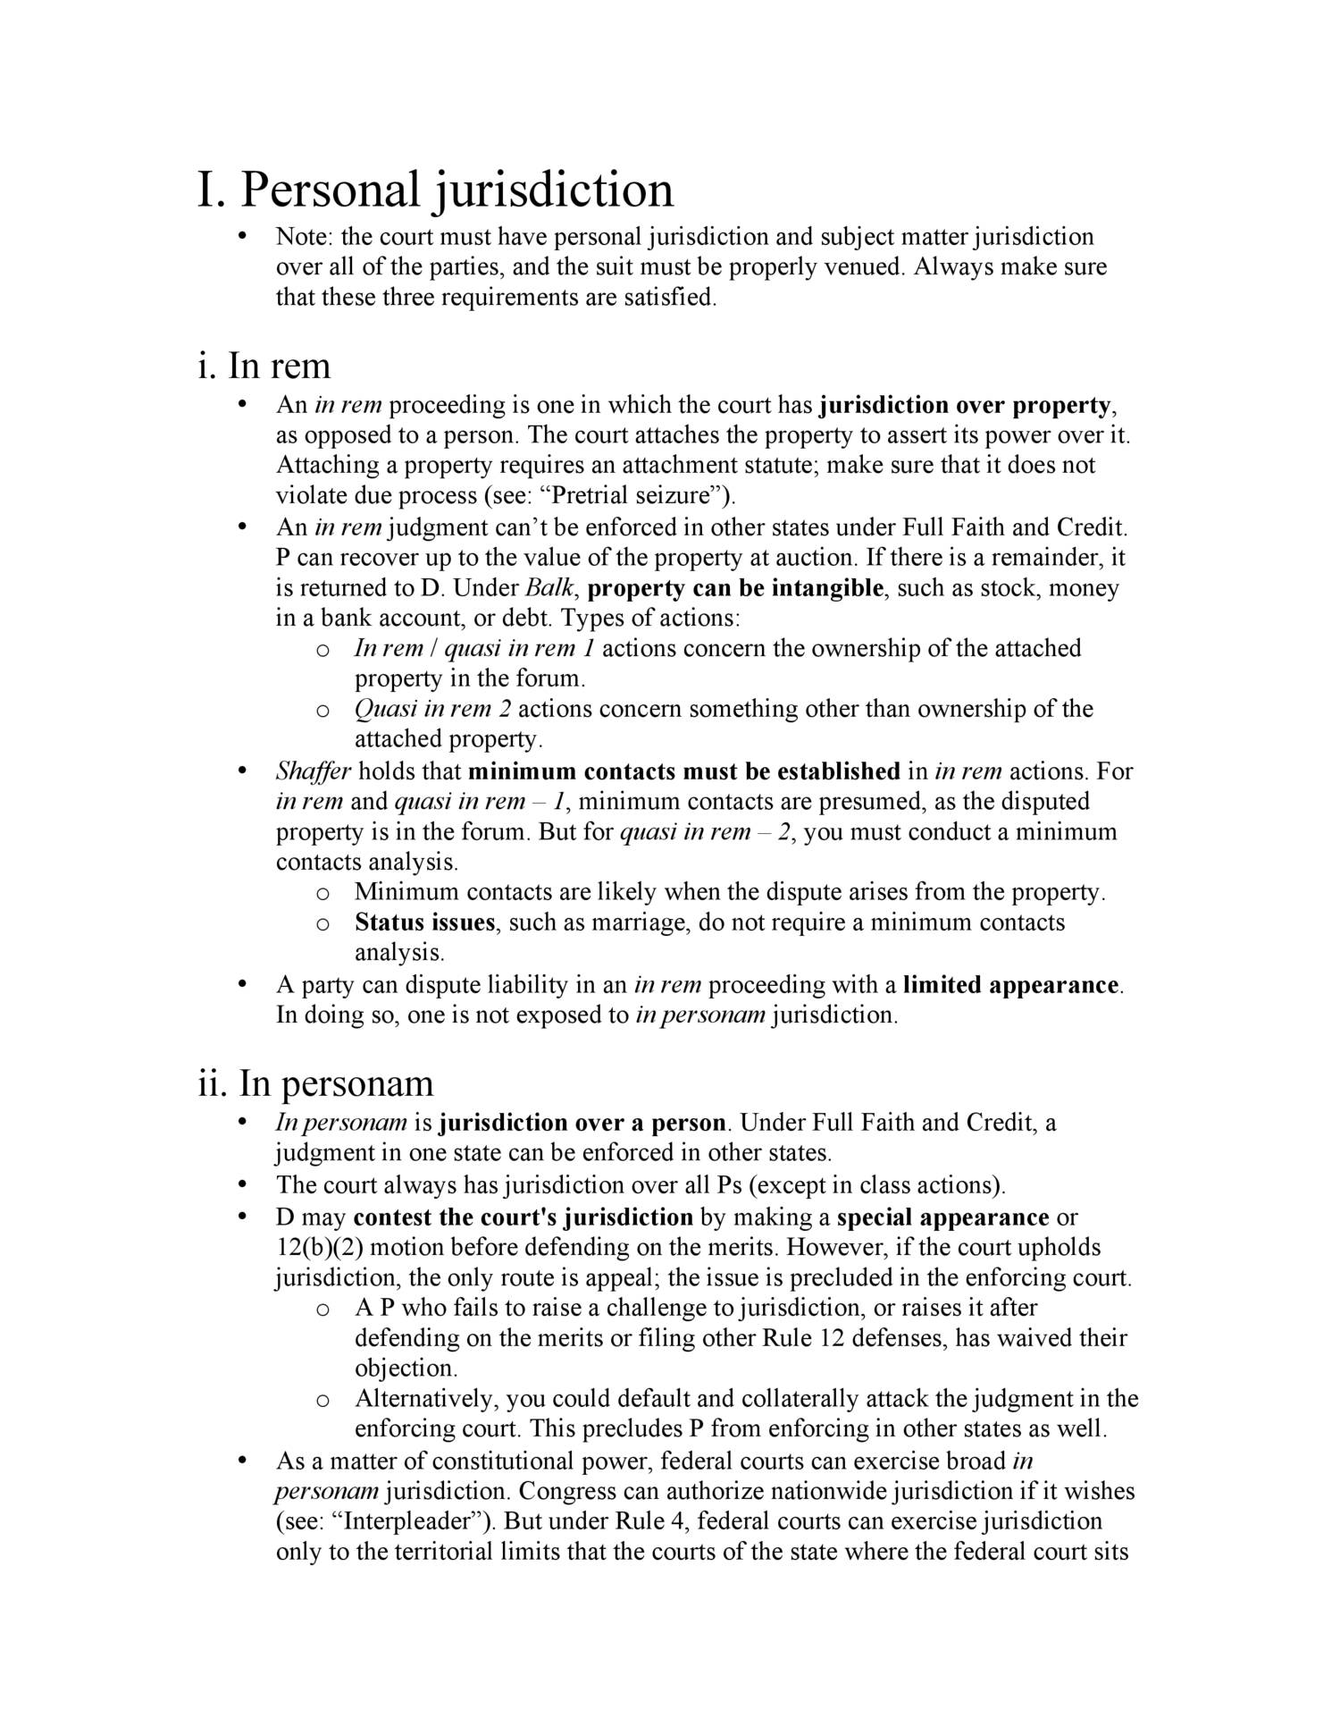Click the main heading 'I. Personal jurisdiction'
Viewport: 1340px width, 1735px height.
coord(435,190)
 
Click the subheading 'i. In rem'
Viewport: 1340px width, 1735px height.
coord(264,366)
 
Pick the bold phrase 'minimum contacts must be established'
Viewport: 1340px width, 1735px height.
coord(684,771)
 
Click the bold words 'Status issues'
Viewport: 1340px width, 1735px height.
coord(424,922)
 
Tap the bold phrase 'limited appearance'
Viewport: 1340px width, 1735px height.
coord(1011,985)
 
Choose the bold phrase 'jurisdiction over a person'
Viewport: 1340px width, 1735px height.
coord(584,1123)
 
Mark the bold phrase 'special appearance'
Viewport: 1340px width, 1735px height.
coord(942,1217)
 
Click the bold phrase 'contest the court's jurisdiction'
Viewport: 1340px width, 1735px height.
coord(523,1217)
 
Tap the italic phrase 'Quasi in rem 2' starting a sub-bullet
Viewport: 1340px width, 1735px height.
coord(433,709)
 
